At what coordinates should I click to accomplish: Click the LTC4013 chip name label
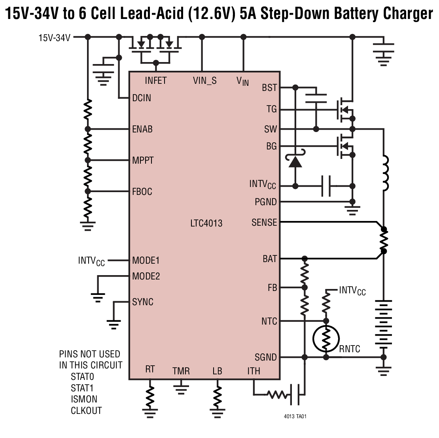click(x=206, y=223)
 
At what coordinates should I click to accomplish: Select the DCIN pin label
click(x=142, y=98)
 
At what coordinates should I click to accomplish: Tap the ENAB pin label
click(x=142, y=129)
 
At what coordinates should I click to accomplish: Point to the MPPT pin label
click(x=143, y=160)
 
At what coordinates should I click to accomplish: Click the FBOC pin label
click(x=142, y=192)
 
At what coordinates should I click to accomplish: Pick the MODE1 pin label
click(x=146, y=261)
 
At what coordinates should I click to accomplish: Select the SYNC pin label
click(x=143, y=302)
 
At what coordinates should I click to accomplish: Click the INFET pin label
click(x=156, y=81)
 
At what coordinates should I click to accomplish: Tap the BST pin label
click(x=269, y=88)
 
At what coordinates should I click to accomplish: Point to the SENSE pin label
click(x=264, y=223)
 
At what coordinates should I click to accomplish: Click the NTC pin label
click(x=269, y=321)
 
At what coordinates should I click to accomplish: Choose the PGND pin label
click(x=266, y=202)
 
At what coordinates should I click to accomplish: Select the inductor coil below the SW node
click(x=384, y=174)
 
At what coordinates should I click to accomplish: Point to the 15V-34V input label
click(x=54, y=38)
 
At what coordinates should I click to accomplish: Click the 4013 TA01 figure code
click(x=295, y=416)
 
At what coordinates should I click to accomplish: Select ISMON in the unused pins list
click(x=84, y=399)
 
